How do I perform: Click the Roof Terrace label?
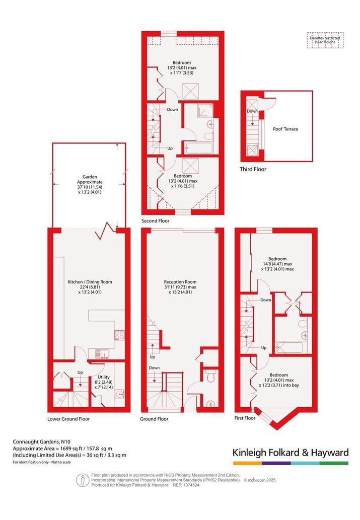pyautogui.click(x=285, y=129)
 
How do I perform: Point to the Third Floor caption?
pyautogui.click(x=253, y=169)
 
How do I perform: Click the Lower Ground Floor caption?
pyautogui.click(x=68, y=419)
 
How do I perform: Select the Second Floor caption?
pyautogui.click(x=155, y=221)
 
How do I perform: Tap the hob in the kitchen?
pyautogui.click(x=119, y=335)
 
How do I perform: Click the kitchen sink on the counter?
pyautogui.click(x=102, y=354)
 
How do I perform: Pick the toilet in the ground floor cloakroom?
pyautogui.click(x=210, y=377)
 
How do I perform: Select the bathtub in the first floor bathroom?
pyautogui.click(x=290, y=347)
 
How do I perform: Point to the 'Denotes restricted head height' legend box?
pyautogui.click(x=325, y=40)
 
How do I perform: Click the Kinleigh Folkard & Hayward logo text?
pyautogui.click(x=291, y=453)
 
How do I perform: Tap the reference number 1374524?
pyautogui.click(x=192, y=485)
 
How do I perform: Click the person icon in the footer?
pyautogui.click(x=82, y=480)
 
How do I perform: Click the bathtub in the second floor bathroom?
pyautogui.click(x=198, y=147)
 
